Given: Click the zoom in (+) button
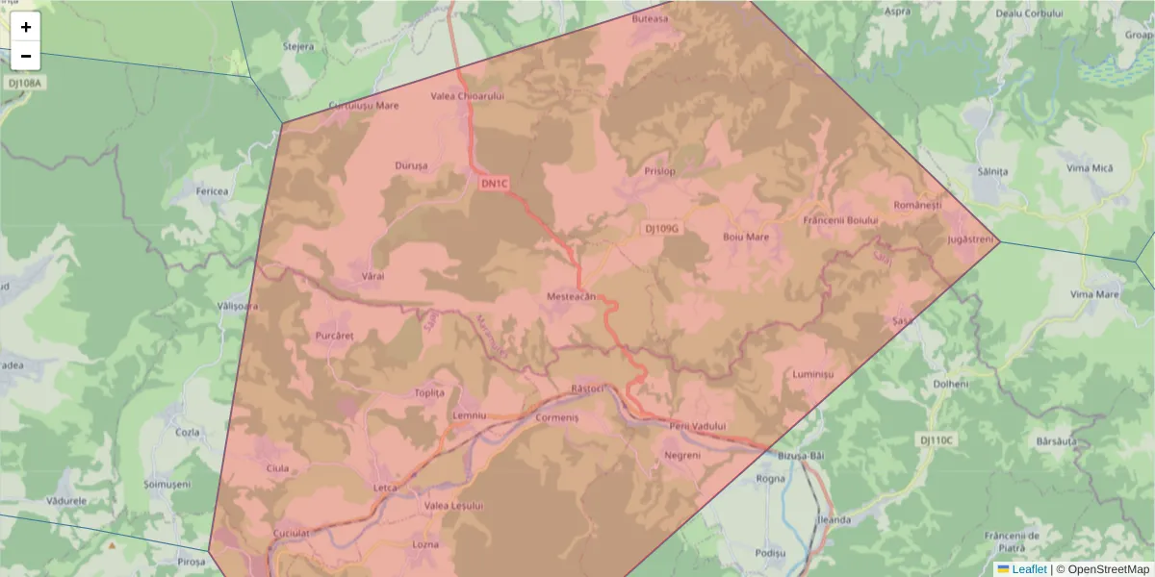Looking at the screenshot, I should coord(26,27).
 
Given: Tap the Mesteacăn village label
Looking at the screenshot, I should coord(572,298).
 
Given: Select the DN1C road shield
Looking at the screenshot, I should coord(494,184).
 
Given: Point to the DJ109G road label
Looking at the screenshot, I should coord(661,229).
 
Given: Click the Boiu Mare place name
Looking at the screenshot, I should coord(745,237).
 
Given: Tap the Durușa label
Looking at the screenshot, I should coord(411,166).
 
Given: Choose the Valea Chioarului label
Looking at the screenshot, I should coord(468,96).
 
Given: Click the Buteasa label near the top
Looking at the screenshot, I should coord(649,19).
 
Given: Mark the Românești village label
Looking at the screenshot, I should coord(916,205).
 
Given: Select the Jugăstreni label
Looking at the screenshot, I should coord(969,238).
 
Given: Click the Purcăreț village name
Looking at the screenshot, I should coord(335,336).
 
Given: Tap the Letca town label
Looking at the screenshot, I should coord(385,488).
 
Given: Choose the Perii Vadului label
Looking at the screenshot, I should coord(697,426).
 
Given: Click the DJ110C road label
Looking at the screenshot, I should coord(936,439).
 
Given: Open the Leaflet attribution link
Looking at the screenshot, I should coord(1028,569).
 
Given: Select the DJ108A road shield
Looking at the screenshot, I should coord(25,84).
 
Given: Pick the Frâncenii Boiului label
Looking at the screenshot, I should coord(840,220).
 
